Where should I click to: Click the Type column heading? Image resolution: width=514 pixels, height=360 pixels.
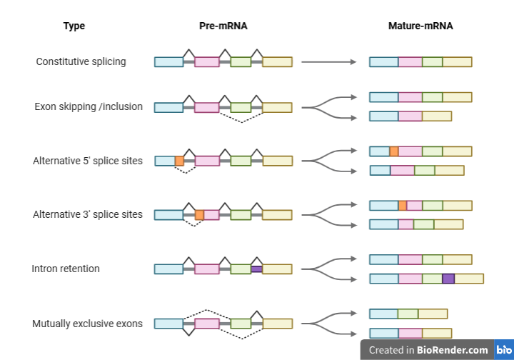[x=74, y=26]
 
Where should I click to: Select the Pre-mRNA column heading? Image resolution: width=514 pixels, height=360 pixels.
[x=223, y=26]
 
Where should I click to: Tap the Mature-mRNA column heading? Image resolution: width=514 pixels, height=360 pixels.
[x=420, y=26]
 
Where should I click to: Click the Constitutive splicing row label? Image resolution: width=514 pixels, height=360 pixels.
[x=81, y=61]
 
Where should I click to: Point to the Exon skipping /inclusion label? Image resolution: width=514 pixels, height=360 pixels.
[x=89, y=106]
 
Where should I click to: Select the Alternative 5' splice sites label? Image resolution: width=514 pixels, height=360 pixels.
[x=88, y=161]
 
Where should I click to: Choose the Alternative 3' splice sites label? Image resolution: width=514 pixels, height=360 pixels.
[x=88, y=214]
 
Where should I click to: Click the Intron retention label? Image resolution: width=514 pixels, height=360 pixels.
[x=66, y=269]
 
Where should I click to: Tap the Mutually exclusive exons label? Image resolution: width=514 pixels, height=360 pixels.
[x=87, y=324]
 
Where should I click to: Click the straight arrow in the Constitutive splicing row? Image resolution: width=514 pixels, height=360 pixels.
[x=329, y=61]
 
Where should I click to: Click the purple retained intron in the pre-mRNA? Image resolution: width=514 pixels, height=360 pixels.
[x=257, y=269]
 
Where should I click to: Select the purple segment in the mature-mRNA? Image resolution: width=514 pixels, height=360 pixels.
[x=448, y=279]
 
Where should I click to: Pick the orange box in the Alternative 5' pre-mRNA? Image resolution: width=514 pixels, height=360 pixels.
[x=179, y=161]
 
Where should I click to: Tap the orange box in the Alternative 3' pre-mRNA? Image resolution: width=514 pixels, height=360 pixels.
[x=199, y=215]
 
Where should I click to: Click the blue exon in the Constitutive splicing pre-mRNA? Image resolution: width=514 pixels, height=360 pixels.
[x=168, y=62]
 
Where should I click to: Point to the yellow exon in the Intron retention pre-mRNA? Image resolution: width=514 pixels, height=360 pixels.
[x=277, y=269]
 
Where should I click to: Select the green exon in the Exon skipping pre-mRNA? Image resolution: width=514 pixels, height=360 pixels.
[x=241, y=108]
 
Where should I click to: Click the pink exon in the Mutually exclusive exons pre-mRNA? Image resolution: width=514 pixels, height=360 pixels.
[x=207, y=324]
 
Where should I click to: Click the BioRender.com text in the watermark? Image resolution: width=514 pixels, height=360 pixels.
[x=453, y=350]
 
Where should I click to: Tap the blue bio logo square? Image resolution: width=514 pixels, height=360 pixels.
[x=504, y=350]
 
